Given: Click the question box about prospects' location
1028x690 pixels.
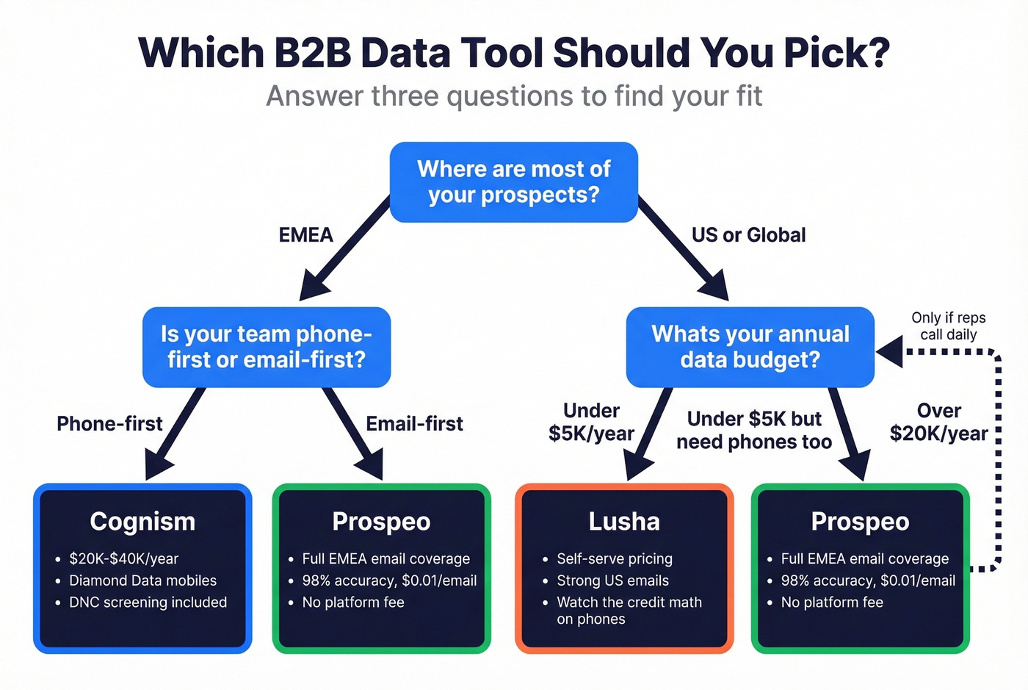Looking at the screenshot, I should pos(513,182).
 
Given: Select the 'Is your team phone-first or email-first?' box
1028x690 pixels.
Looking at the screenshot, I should pos(266,347).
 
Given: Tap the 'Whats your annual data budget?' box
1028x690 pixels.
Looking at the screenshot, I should pos(750,347).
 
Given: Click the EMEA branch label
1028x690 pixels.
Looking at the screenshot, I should pos(305,235).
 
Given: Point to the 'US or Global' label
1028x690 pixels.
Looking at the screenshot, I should pos(748,235).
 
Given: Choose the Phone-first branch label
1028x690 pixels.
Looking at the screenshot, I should pos(109,424).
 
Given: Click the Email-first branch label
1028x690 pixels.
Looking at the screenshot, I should pos(414,424).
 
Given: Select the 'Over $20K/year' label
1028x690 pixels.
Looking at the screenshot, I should pos(938,422).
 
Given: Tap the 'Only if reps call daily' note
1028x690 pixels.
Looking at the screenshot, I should pos(948,326).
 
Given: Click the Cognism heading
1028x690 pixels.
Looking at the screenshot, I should pos(142,522).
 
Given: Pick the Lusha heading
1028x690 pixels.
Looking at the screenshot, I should pos(624,522).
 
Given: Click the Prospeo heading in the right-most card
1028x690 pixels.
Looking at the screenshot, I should pos(860,522).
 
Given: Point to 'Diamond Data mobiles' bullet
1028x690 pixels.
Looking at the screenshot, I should pos(142,581).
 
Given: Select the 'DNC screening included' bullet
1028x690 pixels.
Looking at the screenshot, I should pos(148,603).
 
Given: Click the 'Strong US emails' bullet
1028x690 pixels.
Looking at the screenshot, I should pos(612,581).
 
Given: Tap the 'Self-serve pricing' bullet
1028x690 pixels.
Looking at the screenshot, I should pos(614,558).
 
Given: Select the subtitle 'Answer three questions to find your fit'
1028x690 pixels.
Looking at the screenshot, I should pos(514,96).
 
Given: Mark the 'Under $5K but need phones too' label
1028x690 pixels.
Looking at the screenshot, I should pos(754,430).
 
